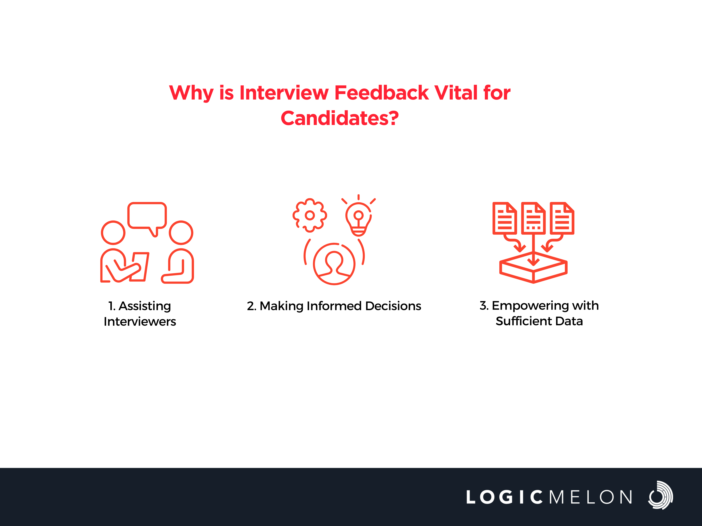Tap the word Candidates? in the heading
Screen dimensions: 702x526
tap(340, 118)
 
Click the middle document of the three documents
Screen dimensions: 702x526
tap(534, 218)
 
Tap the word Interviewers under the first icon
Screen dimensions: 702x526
tap(140, 321)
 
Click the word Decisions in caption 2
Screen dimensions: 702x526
tap(393, 306)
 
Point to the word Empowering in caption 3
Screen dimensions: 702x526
tap(530, 306)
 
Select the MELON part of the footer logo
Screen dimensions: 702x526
tap(591, 497)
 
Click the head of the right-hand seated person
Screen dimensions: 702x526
tap(181, 232)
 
